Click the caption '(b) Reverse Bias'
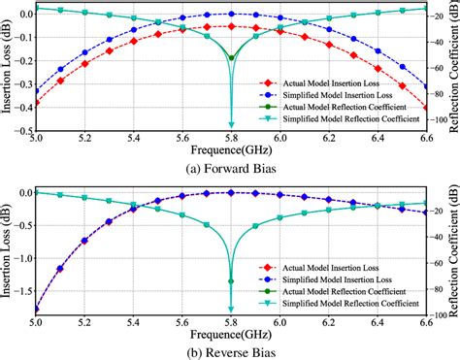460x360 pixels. (x=230, y=350)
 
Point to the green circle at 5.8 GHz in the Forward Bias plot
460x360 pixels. (x=231, y=59)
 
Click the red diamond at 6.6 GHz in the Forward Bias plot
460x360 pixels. (x=425, y=107)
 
